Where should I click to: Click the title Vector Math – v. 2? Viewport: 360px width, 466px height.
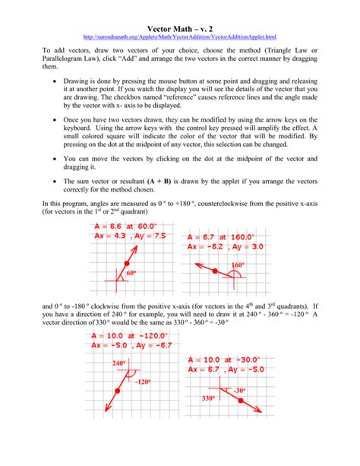tap(179, 26)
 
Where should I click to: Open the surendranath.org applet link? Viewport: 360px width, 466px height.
tap(179, 36)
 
